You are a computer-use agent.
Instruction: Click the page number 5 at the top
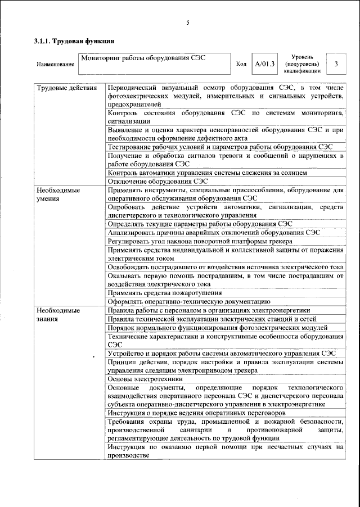coord(188,23)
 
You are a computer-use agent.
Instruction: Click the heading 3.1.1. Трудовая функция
coord(74,41)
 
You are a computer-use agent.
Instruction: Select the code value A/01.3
coord(264,64)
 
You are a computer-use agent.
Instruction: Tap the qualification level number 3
coord(336,64)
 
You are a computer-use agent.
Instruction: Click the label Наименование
coord(56,65)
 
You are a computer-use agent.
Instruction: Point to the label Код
coord(241,65)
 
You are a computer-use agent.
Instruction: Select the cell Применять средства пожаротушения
coord(161,293)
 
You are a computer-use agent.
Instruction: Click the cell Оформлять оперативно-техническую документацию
coord(189,301)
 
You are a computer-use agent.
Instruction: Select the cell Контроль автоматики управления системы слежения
coord(208,173)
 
